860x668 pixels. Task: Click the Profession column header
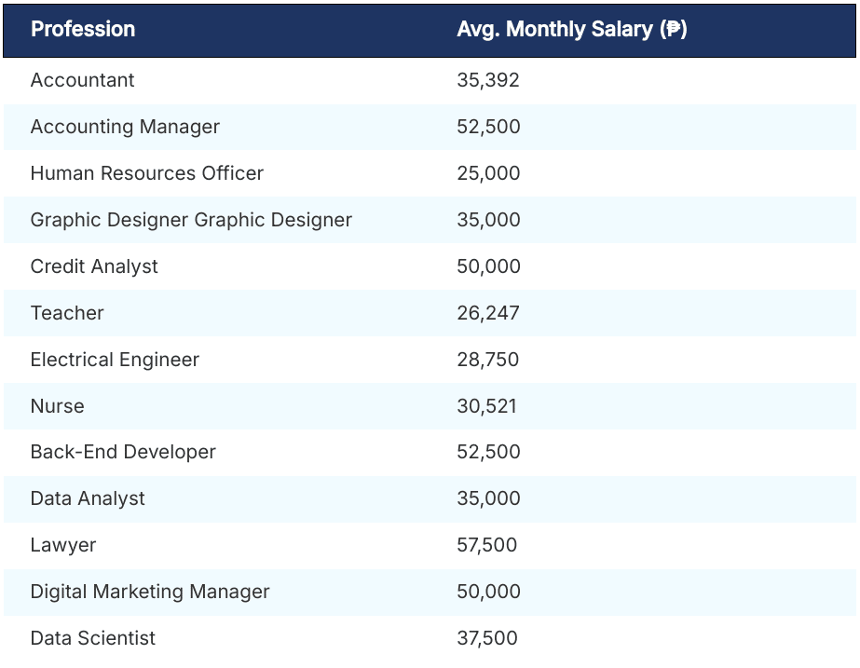[83, 29]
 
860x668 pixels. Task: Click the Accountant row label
[82, 80]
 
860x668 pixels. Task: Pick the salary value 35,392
[488, 80]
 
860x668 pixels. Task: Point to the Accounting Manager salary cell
[488, 127]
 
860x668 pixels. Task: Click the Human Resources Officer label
[146, 173]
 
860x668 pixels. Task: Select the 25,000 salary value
[488, 173]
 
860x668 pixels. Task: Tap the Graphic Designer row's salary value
[488, 220]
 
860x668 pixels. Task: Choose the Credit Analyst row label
[94, 266]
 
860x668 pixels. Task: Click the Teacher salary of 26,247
[488, 313]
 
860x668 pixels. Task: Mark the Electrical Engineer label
[115, 360]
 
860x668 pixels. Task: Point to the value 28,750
[488, 360]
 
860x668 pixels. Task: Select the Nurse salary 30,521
[486, 406]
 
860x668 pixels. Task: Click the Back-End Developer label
[123, 452]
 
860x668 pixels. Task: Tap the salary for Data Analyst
[488, 498]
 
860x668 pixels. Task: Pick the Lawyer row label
[62, 545]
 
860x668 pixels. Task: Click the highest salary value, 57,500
[486, 545]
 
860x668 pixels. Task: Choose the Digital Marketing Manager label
[150, 592]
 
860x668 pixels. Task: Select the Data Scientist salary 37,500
[486, 638]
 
